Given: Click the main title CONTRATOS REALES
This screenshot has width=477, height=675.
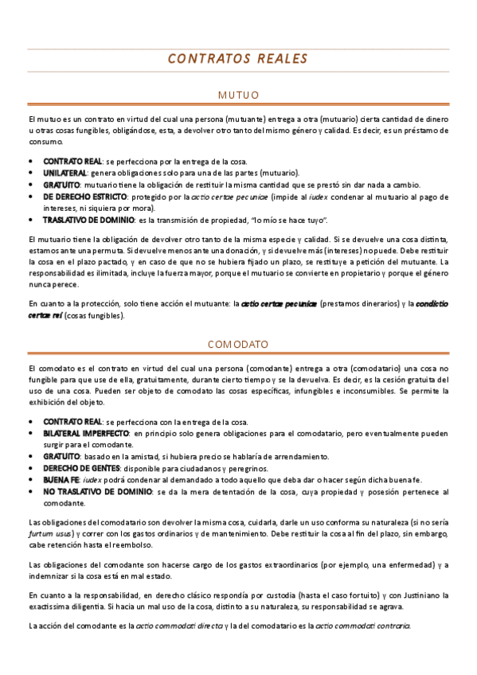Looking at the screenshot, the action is [x=238, y=59].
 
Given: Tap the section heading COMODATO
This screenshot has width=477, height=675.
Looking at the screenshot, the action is [x=238, y=344].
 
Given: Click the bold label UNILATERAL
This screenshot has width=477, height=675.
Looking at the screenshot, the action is [x=66, y=173].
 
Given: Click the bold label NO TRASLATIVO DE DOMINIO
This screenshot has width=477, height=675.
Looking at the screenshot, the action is [x=96, y=492].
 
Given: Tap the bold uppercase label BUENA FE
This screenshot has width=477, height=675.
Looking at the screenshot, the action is [x=61, y=480].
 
